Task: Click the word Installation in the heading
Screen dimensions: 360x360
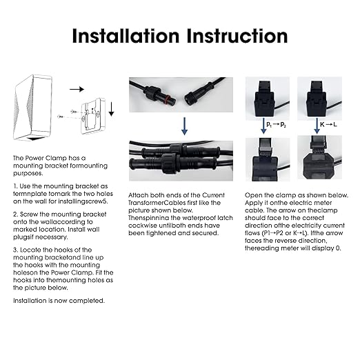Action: click(x=126, y=36)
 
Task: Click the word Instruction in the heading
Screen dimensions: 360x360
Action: click(x=237, y=36)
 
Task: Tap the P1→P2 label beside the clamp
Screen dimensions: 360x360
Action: click(x=276, y=125)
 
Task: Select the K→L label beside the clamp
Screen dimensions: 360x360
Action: click(x=328, y=125)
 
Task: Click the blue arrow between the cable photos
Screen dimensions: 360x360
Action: click(x=184, y=126)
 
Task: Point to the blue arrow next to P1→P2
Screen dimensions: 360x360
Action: click(x=263, y=126)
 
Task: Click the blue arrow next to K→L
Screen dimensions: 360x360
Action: click(x=317, y=126)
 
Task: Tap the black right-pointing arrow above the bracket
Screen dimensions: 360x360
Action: click(x=77, y=89)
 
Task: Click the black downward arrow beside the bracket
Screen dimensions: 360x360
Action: click(x=111, y=109)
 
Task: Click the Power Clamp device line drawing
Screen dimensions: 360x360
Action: click(x=32, y=107)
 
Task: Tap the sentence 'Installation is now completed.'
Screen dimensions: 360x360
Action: click(x=59, y=301)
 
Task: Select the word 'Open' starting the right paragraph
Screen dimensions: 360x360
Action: click(x=252, y=195)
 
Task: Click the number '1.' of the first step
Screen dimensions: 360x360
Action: click(x=15, y=186)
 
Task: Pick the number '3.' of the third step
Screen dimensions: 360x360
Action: click(x=15, y=250)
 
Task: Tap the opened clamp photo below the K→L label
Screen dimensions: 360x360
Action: click(x=319, y=157)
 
